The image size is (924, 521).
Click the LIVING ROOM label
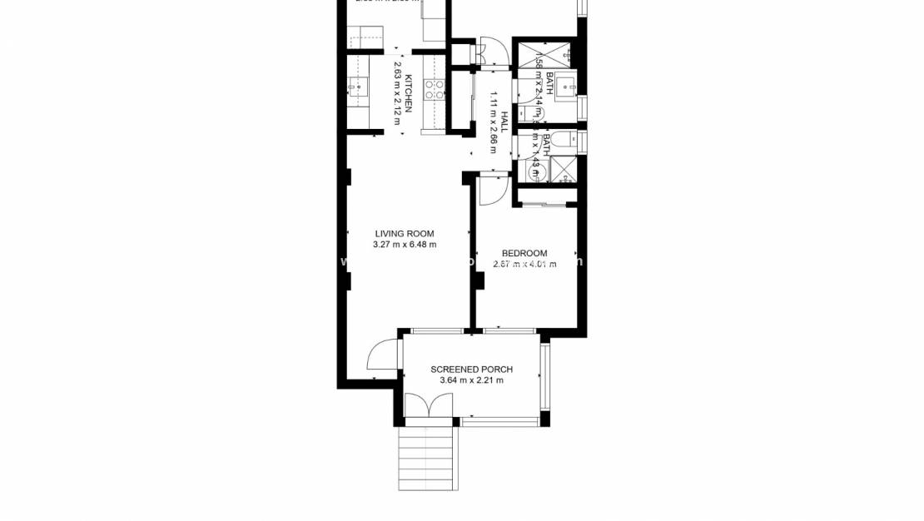tap(405, 234)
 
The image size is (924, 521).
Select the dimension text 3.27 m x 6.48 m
tap(405, 245)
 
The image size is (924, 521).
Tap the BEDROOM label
tap(524, 253)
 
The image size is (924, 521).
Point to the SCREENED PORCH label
tap(471, 370)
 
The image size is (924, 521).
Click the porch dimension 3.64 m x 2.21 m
tap(471, 380)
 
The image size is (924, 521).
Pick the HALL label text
tap(504, 122)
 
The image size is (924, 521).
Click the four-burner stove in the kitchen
tap(435, 89)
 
